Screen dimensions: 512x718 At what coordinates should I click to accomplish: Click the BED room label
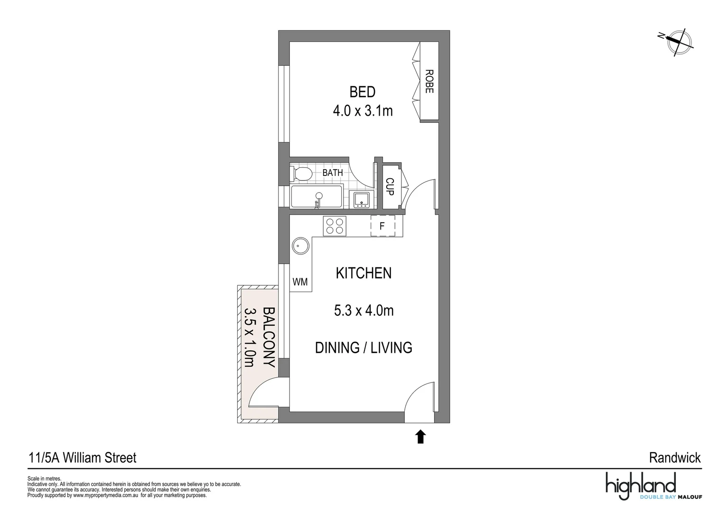click(x=362, y=91)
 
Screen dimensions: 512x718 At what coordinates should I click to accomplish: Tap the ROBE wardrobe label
click(x=429, y=82)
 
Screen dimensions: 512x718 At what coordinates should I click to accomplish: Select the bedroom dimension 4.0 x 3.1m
click(x=363, y=111)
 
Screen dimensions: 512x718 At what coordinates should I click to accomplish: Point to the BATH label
click(x=332, y=173)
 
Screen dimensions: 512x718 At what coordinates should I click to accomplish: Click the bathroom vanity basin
click(x=362, y=200)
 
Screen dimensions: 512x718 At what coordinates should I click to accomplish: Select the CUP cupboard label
click(x=390, y=186)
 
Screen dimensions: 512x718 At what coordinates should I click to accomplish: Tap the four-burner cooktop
click(x=335, y=226)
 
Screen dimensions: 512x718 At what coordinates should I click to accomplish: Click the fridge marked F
click(x=382, y=226)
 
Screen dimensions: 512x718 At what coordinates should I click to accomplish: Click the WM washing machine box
click(x=300, y=282)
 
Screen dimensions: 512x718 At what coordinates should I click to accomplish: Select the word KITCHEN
click(x=364, y=274)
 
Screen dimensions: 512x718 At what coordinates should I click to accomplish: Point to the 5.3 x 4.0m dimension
click(x=364, y=311)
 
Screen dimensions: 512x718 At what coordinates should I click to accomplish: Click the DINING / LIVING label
click(x=364, y=347)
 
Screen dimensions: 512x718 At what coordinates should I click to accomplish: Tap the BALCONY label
click(x=269, y=337)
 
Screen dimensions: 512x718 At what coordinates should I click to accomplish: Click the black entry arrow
click(x=420, y=437)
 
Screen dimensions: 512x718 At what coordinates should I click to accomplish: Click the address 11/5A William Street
click(x=83, y=458)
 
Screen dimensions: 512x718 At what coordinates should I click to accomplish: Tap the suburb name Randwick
click(x=674, y=458)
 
